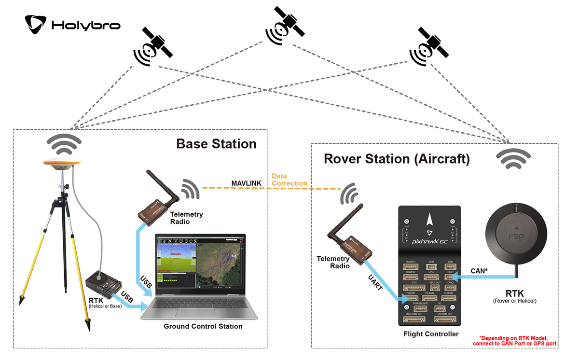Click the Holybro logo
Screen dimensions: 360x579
(72, 24)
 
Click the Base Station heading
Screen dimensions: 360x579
(216, 144)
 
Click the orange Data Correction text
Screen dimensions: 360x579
(289, 180)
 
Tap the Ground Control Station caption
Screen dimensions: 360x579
(203, 327)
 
